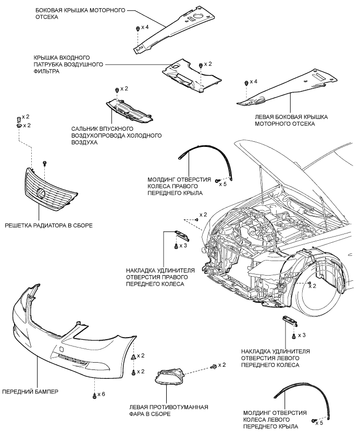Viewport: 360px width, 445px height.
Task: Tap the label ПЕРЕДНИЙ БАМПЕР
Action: pyautogui.click(x=30, y=392)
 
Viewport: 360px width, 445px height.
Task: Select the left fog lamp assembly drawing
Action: pyautogui.click(x=169, y=378)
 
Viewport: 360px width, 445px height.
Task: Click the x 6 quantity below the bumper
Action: pyautogui.click(x=101, y=394)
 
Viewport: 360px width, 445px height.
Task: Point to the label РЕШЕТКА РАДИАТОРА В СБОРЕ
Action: pyautogui.click(x=48, y=226)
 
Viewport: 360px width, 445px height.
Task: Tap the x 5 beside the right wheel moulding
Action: pyautogui.click(x=223, y=184)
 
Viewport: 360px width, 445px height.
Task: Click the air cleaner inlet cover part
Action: pyautogui.click(x=191, y=75)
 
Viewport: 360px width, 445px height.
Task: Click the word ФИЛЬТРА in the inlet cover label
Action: pyautogui.click(x=46, y=71)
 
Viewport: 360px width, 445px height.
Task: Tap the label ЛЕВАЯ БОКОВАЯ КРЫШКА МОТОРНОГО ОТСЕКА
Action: pyautogui.click(x=291, y=120)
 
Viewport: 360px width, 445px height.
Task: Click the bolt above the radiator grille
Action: pyautogui.click(x=44, y=163)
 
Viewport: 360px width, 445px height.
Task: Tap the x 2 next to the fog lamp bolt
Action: pyautogui.click(x=222, y=365)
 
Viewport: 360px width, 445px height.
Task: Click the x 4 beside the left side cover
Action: pyautogui.click(x=253, y=81)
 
